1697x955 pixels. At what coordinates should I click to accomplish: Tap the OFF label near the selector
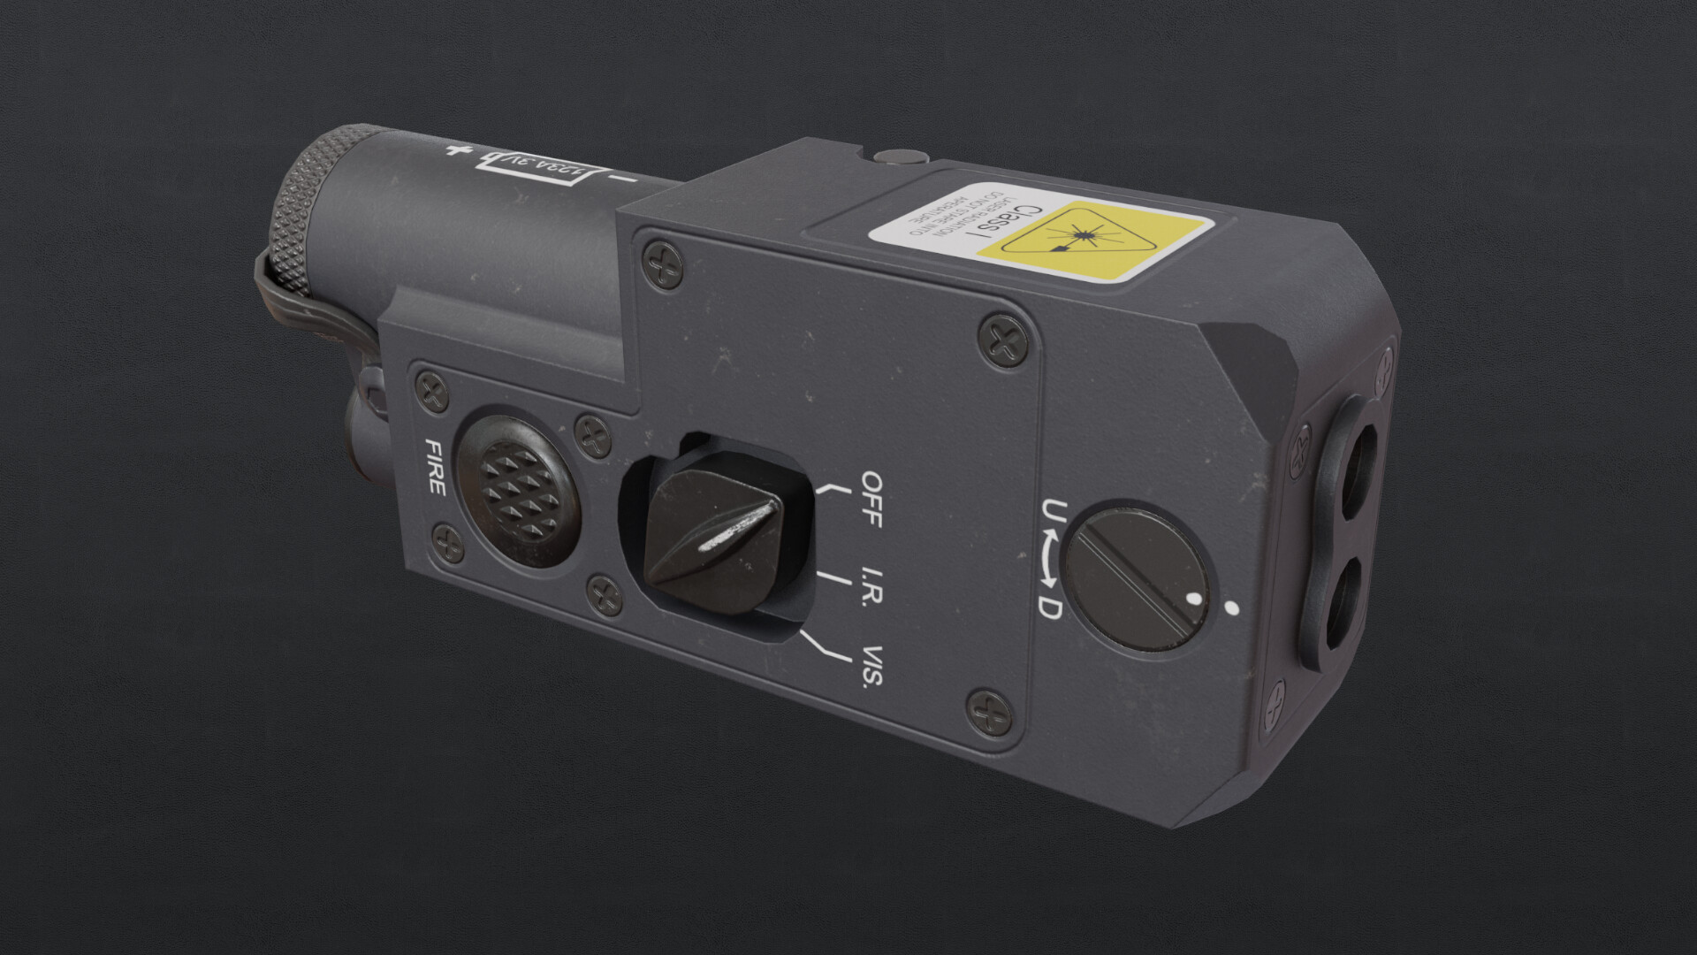click(871, 499)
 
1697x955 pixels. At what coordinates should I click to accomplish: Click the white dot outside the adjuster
click(1230, 607)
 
